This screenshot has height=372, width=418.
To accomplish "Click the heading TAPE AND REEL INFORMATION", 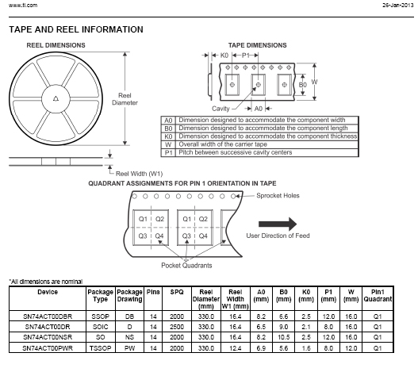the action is click(76, 29).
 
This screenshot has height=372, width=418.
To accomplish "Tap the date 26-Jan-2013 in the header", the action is click(397, 5).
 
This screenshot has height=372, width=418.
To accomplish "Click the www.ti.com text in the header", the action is click(23, 5).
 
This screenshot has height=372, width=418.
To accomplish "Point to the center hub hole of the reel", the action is click(56, 99).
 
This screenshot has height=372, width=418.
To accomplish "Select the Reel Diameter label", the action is click(125, 99).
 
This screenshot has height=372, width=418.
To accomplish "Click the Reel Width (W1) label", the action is click(139, 174).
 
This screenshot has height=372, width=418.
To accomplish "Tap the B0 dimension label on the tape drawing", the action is click(302, 85).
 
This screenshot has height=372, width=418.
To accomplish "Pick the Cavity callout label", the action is click(221, 109).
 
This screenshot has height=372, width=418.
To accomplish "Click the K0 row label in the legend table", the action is click(168, 136).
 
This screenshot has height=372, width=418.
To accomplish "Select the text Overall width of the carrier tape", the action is click(223, 144).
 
